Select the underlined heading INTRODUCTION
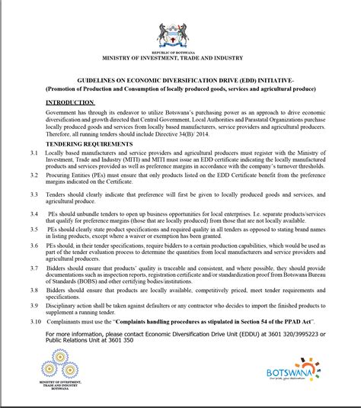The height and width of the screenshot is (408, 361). click(70, 101)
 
